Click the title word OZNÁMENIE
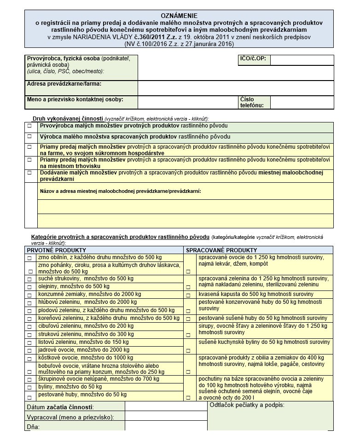179,16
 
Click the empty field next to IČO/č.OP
302,60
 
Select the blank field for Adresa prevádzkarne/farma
236,87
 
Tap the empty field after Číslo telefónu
302,102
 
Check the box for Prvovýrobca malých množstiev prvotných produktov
30,126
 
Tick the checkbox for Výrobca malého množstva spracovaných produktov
30,137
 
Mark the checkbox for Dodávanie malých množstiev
30,173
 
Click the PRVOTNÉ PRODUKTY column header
50,250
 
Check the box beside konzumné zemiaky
30,295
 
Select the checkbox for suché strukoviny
30,279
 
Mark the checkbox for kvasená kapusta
188,295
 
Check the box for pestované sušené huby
188,319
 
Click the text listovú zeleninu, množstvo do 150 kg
83,342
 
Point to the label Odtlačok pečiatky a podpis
247,405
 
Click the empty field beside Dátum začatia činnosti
166,406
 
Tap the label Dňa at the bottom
33,427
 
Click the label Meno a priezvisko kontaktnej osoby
75,99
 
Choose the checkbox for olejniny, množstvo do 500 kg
30,287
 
